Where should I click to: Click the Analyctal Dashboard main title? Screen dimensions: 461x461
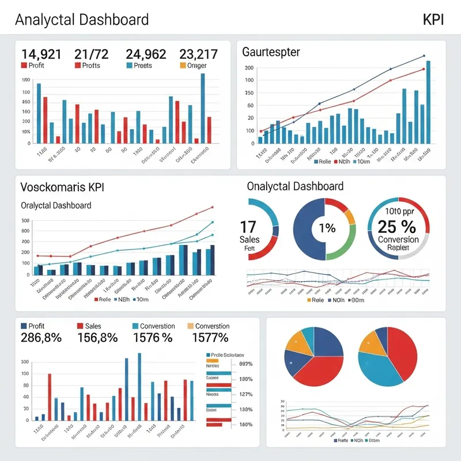tap(81, 19)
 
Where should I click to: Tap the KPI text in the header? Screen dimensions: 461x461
tap(433, 19)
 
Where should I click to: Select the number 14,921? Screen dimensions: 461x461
tap(41, 54)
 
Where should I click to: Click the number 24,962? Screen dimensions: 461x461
tap(146, 54)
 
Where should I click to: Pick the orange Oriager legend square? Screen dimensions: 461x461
tap(183, 66)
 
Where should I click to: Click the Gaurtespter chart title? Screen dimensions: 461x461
tap(271, 52)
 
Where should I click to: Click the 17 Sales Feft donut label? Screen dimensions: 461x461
tap(249, 233)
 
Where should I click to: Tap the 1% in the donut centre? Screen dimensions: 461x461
tap(327, 228)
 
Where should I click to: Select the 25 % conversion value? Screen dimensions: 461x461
tap(397, 225)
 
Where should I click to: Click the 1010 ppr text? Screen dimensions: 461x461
tap(397, 211)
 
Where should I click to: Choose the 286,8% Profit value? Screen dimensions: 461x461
tap(41, 338)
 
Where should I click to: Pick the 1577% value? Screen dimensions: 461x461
tap(210, 338)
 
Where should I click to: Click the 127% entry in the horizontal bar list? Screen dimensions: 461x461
tap(245, 394)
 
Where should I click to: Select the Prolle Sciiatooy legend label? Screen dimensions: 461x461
tap(228, 355)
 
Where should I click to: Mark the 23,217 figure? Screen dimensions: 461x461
tap(198, 54)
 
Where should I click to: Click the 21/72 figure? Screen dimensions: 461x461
tap(91, 54)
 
